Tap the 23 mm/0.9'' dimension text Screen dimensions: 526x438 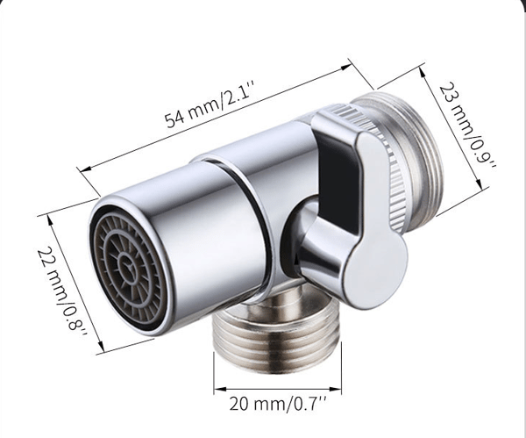coord(467,127)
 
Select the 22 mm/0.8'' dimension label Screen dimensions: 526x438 coord(63,290)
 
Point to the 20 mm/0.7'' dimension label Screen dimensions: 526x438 coord(278,404)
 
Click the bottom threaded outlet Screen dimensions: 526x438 coord(278,336)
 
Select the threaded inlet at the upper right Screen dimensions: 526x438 coord(416,162)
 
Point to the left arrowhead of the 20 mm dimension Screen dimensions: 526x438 coord(219,390)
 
